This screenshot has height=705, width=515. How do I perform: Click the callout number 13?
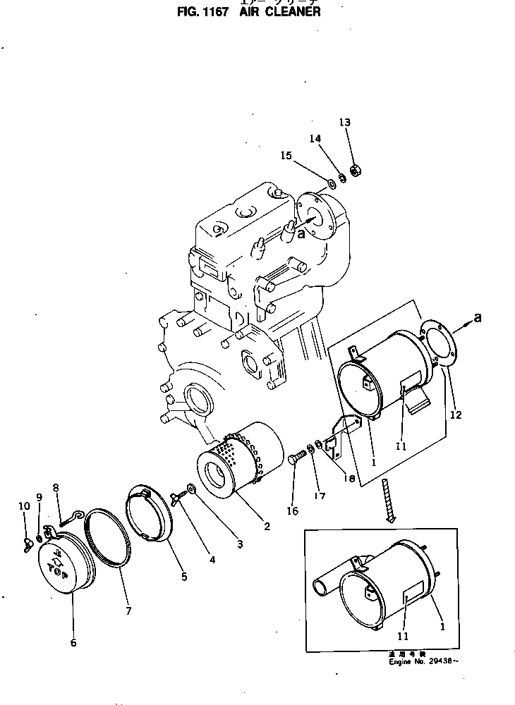(344, 123)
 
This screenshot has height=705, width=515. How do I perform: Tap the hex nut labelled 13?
(356, 171)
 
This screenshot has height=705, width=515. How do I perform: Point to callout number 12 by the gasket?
(456, 415)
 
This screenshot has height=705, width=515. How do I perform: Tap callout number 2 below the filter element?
(267, 525)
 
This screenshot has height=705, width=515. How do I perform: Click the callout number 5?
(183, 577)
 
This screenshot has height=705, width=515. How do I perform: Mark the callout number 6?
(73, 642)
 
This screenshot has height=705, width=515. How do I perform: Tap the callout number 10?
(23, 505)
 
